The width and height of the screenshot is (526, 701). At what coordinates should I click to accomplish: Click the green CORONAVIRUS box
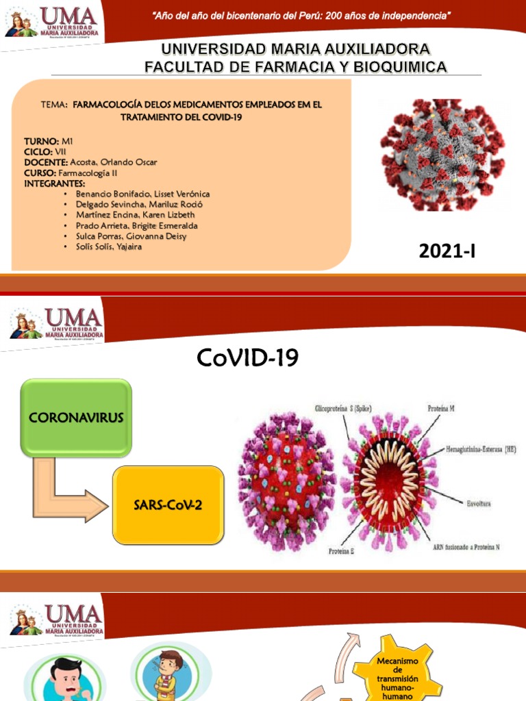[x=75, y=418]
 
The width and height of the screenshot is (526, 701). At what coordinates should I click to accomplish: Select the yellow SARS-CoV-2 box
[x=168, y=505]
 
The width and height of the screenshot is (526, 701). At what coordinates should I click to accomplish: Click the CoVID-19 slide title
[x=247, y=357]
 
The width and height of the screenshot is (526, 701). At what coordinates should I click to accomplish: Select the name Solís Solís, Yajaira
[x=109, y=246]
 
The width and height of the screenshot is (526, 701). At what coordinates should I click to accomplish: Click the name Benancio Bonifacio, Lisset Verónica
[x=142, y=194]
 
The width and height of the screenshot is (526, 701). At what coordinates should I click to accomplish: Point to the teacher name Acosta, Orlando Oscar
[x=113, y=162]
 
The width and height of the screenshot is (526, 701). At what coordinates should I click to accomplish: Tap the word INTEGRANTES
[x=54, y=183]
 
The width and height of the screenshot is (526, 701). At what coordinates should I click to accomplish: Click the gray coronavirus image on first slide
[x=442, y=155]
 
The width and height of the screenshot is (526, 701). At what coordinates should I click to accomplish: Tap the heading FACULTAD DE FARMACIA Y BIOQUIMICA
[x=295, y=66]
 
